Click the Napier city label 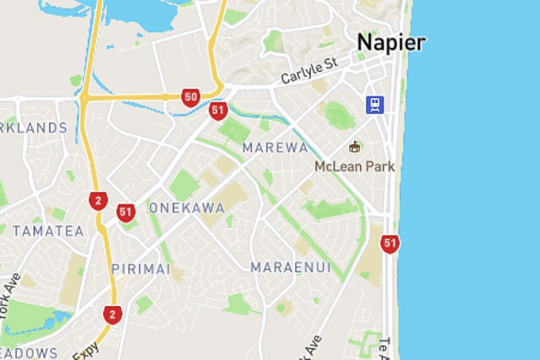click(390, 42)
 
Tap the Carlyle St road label click(308, 72)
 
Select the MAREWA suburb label click(275, 148)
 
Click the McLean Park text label click(354, 166)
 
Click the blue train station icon click(374, 104)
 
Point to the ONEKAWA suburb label click(187, 208)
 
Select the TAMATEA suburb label click(48, 231)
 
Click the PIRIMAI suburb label click(140, 269)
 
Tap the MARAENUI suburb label click(291, 268)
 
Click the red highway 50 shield click(190, 97)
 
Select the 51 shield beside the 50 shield click(218, 111)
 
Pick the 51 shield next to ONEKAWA click(126, 212)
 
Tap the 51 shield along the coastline click(390, 244)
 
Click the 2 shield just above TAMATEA click(98, 200)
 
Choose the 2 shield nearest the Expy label click(112, 315)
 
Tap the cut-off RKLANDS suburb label click(34, 128)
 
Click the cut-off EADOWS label click(29, 352)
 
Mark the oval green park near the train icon click(339, 115)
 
